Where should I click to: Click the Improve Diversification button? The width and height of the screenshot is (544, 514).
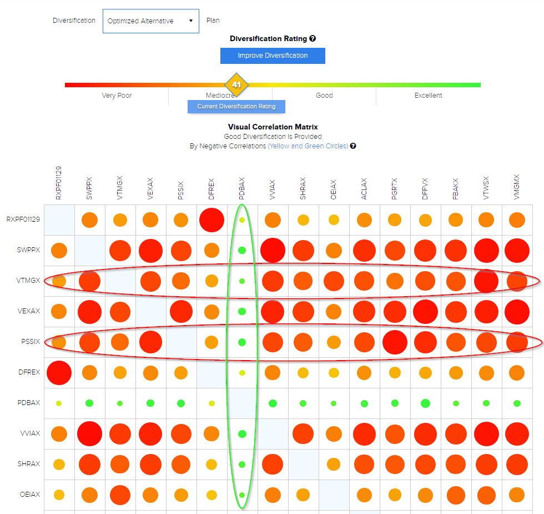coord(273,56)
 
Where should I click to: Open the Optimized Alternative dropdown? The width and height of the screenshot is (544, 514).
coord(150,21)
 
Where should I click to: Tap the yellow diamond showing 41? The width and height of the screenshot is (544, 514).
coord(236,85)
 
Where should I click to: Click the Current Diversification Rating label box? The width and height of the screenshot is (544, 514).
coord(236,106)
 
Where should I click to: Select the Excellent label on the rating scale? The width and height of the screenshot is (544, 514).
coord(428,96)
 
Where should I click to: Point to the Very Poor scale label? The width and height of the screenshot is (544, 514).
coord(117,96)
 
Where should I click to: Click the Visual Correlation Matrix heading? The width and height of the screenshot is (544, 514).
coord(273,127)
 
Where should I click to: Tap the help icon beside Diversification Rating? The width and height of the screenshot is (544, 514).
coord(313,39)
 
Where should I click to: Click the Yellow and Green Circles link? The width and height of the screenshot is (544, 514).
coord(308,146)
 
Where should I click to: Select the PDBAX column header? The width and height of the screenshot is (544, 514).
coord(242,189)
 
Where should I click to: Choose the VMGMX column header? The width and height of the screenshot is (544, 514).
coord(517,189)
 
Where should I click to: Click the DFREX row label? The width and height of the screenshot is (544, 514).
coord(29,372)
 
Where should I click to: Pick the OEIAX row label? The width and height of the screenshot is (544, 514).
coord(29,495)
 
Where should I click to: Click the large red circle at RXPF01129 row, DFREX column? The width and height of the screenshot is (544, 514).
coord(211,220)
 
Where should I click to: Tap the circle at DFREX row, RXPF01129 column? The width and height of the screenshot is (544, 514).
coord(59,372)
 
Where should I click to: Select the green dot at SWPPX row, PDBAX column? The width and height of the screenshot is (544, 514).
coord(242,250)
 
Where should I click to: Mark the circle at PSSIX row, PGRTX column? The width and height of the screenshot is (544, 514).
coord(395,342)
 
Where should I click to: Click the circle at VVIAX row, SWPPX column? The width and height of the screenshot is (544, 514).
coord(89,433)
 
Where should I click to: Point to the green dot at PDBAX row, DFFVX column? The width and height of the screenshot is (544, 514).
coord(425,403)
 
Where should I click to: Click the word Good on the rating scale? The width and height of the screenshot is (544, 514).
coord(324,96)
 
